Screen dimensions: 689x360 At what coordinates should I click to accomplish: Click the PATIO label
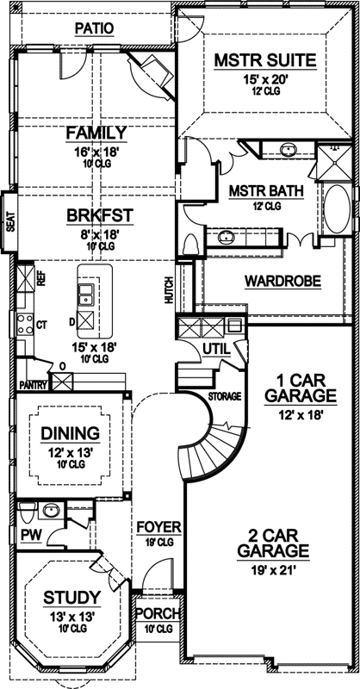coord(94,28)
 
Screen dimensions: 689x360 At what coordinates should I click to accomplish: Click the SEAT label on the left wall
coord(9,222)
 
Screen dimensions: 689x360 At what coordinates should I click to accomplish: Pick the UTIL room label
coord(214,347)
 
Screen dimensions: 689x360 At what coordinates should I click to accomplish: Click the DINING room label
coord(71,433)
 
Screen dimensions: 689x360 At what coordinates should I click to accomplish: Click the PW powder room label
coord(28,535)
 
